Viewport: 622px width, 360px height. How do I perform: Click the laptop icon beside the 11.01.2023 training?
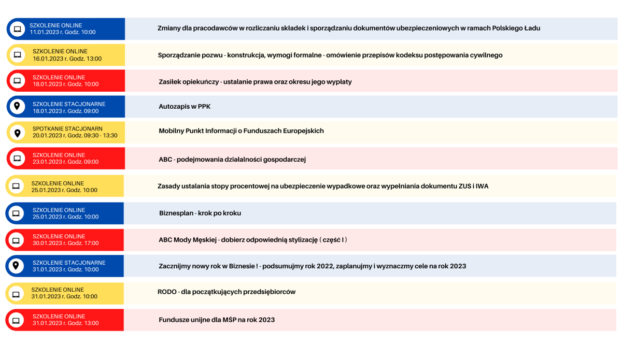pyautogui.click(x=17, y=29)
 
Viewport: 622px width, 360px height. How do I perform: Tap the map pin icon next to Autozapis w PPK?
pyautogui.click(x=17, y=106)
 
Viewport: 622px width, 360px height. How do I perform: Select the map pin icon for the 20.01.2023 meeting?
pyautogui.click(x=17, y=133)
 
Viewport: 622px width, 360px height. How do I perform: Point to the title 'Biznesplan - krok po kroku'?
pyautogui.click(x=200, y=213)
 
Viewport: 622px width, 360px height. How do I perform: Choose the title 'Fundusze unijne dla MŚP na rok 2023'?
pyautogui.click(x=217, y=320)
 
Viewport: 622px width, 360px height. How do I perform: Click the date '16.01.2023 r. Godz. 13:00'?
pyautogui.click(x=67, y=59)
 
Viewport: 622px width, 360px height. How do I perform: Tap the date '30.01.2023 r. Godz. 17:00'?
pyautogui.click(x=65, y=243)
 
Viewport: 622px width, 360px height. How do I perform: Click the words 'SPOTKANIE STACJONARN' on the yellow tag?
pyautogui.click(x=67, y=129)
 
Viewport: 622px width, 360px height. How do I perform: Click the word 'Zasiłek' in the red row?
pyautogui.click(x=171, y=82)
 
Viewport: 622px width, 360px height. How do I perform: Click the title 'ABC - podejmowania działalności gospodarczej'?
pyautogui.click(x=232, y=160)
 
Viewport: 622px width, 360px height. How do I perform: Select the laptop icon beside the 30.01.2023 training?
pyautogui.click(x=16, y=240)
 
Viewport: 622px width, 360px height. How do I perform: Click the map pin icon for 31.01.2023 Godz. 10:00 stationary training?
pyautogui.click(x=16, y=266)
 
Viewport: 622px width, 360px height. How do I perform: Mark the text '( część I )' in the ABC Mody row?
pyautogui.click(x=333, y=240)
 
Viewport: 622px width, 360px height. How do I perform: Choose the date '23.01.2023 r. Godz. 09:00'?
pyautogui.click(x=65, y=162)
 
